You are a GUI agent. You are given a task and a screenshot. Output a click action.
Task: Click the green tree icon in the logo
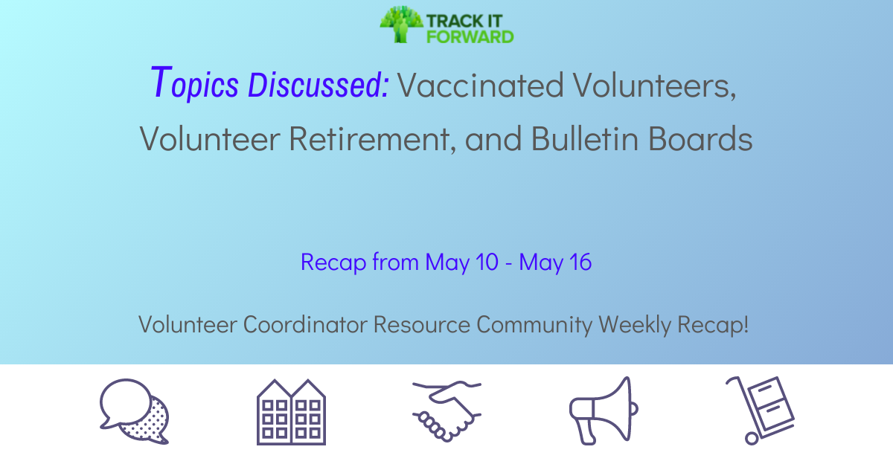tap(401, 24)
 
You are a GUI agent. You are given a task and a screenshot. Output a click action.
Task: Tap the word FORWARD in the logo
tap(470, 36)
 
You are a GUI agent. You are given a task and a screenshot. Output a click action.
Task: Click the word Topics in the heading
tap(195, 83)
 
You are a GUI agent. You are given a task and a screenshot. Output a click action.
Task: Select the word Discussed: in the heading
tap(319, 85)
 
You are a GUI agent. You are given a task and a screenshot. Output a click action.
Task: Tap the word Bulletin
tap(585, 138)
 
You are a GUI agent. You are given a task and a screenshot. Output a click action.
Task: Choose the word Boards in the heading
tap(701, 138)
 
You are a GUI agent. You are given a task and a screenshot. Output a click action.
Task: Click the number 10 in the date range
tap(487, 263)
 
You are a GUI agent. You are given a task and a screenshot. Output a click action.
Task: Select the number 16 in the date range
tap(580, 263)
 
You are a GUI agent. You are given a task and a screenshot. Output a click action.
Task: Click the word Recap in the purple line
tap(333, 263)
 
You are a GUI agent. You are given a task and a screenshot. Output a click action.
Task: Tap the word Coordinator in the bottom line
tap(305, 324)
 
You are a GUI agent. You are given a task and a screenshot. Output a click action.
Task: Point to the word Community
tap(534, 325)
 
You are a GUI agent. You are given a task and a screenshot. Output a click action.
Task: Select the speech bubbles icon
tap(135, 411)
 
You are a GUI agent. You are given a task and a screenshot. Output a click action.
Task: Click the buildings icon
tap(292, 412)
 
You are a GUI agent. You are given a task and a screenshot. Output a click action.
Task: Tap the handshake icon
tap(447, 411)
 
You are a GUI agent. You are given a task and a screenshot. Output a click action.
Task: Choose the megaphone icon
tap(603, 411)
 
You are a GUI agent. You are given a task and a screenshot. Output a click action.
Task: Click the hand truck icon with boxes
tap(760, 410)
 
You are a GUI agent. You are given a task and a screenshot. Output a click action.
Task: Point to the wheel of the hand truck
tap(752, 439)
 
